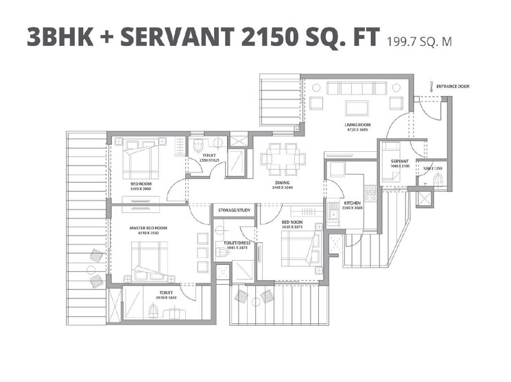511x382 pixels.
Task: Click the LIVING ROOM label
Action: (x=357, y=125)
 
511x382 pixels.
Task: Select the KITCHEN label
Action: (x=333, y=203)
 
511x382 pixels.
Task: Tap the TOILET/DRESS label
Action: (x=233, y=243)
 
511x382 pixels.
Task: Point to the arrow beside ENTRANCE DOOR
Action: (x=430, y=86)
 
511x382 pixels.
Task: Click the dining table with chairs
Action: (x=283, y=159)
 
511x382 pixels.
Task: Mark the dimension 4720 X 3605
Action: (x=357, y=130)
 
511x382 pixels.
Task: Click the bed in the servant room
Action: (x=393, y=177)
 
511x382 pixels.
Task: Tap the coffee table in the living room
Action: (x=355, y=105)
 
